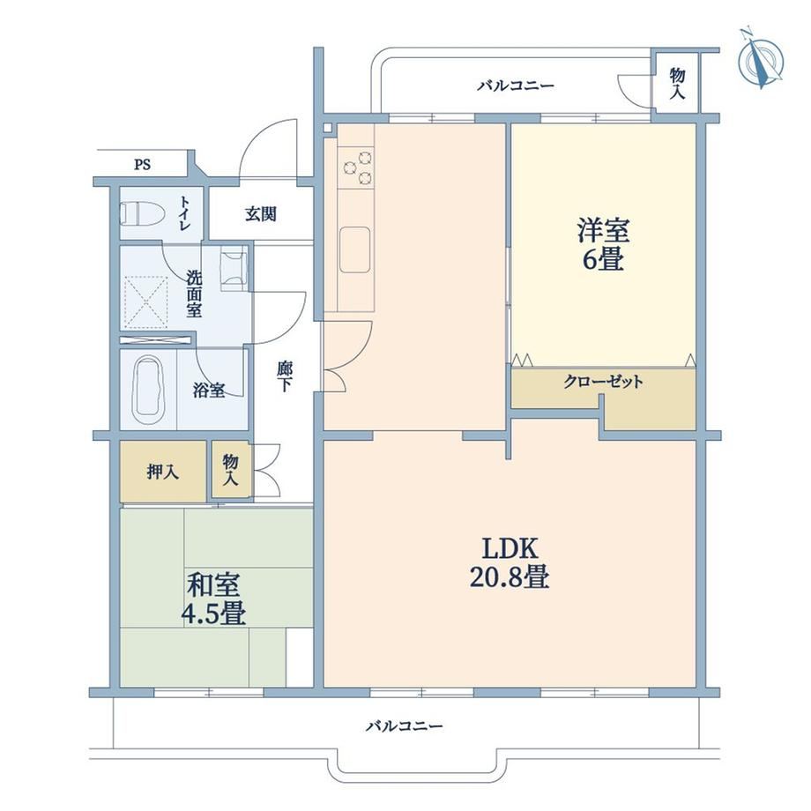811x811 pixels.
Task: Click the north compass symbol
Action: (x=760, y=60)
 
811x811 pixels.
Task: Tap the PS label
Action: (x=142, y=165)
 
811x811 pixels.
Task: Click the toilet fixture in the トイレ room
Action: (x=142, y=213)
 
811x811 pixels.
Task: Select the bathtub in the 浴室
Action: (x=149, y=390)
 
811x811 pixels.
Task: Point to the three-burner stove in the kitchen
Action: (x=356, y=166)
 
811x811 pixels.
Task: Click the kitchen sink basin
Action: (x=355, y=249)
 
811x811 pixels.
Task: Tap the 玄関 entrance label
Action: (x=261, y=213)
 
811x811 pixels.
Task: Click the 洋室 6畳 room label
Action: (x=604, y=244)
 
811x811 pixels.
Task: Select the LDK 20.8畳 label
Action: (x=509, y=562)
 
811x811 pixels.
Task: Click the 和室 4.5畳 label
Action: (x=213, y=598)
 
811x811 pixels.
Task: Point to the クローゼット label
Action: (x=603, y=382)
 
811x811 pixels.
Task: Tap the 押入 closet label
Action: (x=163, y=472)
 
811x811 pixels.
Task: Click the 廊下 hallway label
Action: (x=285, y=376)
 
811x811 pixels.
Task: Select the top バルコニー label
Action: (x=515, y=86)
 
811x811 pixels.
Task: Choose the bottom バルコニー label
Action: (x=405, y=726)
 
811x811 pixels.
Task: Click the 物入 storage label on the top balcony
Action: (x=677, y=83)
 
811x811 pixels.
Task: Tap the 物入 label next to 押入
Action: (x=230, y=470)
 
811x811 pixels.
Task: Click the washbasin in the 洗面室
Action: (x=234, y=268)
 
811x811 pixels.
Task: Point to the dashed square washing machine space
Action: (x=146, y=301)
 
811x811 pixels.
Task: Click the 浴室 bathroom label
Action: (x=209, y=390)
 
